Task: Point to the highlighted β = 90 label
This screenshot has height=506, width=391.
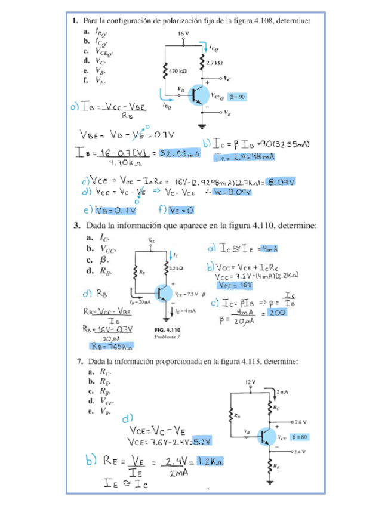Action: coord(238,96)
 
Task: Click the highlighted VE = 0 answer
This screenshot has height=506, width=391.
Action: coord(182,209)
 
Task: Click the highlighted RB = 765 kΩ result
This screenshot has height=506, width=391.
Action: coord(112,345)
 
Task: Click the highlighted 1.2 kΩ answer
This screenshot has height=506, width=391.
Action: coord(211,462)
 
